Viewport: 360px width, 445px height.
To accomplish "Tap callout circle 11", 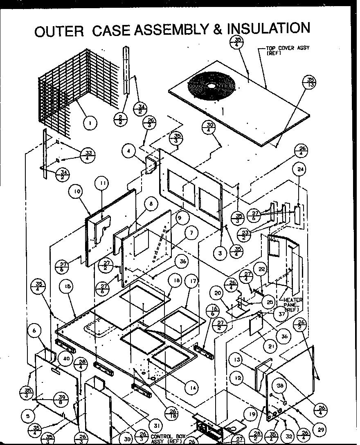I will pyautogui.click(x=102, y=184).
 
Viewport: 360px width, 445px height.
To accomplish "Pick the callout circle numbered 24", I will pyautogui.click(x=300, y=169).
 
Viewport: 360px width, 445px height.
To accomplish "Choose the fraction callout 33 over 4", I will pyautogui.click(x=89, y=156).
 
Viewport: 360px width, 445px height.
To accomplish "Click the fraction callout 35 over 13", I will pyautogui.click(x=310, y=82).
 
